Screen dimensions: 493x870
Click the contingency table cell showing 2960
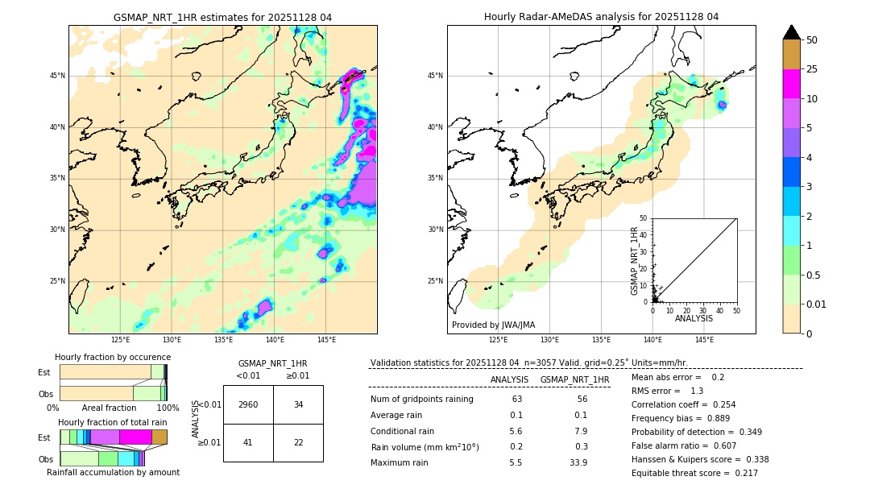pos(248,404)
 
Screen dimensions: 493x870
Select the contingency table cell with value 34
pos(298,404)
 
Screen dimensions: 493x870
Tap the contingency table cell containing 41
pos(248,442)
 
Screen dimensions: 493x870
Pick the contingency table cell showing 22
pos(298,442)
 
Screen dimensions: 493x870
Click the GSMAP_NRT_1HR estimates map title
pos(222,18)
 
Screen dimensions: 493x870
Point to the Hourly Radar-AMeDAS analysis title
pos(601,18)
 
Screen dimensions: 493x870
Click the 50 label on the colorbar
pos(812,40)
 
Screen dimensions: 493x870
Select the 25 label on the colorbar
pos(812,70)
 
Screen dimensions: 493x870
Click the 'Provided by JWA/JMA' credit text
pos(493,325)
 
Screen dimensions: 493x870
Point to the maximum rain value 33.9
pos(578,463)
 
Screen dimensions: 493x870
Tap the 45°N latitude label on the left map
pos(57,76)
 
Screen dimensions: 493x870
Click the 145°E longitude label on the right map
pos(704,341)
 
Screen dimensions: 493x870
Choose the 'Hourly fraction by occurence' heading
pos(113,358)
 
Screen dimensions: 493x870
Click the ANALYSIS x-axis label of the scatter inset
pos(694,319)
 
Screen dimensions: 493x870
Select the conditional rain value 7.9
pos(578,431)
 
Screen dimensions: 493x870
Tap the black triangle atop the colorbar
pos(792,32)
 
